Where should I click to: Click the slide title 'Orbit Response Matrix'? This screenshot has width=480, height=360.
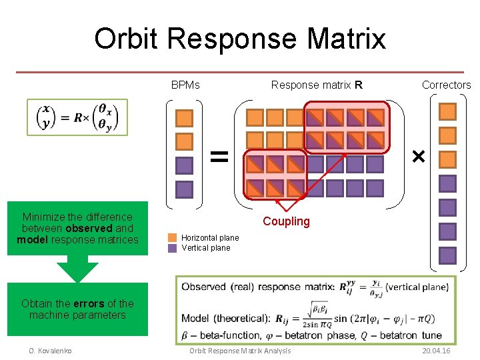[240, 39]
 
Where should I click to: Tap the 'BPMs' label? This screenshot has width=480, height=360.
[185, 85]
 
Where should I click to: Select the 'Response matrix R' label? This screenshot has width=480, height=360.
[317, 85]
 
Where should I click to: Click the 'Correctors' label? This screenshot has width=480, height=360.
[446, 85]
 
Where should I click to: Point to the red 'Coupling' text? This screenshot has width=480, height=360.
[286, 222]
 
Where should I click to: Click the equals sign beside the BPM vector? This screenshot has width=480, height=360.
[219, 156]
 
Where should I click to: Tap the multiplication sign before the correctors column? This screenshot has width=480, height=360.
[418, 157]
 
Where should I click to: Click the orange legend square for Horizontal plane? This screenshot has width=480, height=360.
[173, 237]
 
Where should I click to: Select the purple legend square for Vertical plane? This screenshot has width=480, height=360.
[173, 248]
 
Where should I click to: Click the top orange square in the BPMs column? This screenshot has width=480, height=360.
[184, 118]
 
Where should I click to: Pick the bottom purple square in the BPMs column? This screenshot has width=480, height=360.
[184, 190]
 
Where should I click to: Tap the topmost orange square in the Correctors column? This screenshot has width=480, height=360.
[448, 111]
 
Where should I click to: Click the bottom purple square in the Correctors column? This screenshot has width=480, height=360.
[448, 255]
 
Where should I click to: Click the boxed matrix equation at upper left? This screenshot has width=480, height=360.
[77, 117]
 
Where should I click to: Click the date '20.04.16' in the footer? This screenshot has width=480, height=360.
[436, 351]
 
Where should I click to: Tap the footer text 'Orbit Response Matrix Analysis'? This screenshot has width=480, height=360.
[239, 351]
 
